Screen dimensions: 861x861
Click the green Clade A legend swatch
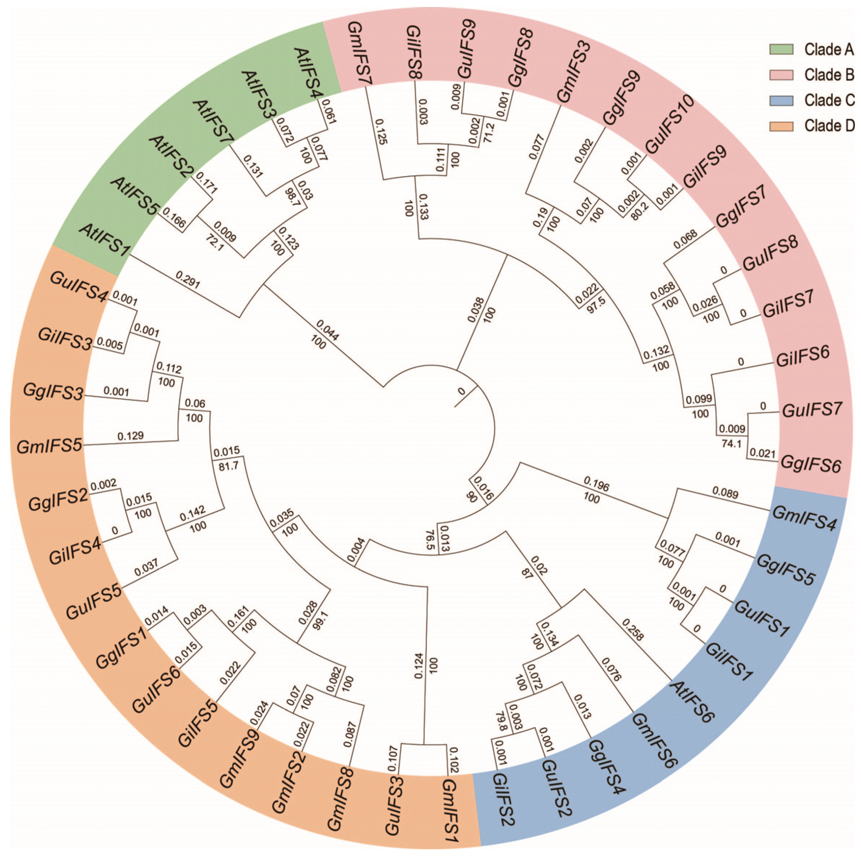coord(781,50)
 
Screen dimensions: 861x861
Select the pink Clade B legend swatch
coord(781,75)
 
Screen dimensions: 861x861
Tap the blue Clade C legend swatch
coord(781,101)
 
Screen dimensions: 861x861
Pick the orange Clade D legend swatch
coord(781,126)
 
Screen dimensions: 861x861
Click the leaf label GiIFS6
coord(803,357)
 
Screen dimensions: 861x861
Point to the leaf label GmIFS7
coord(359,53)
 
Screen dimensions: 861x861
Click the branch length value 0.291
coord(188,280)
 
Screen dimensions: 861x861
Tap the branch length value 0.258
coord(633,629)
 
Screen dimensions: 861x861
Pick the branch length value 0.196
coord(596,484)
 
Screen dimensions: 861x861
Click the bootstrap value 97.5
coord(596,305)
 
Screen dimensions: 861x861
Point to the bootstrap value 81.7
coord(229,467)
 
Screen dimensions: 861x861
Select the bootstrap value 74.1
coord(731,443)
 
